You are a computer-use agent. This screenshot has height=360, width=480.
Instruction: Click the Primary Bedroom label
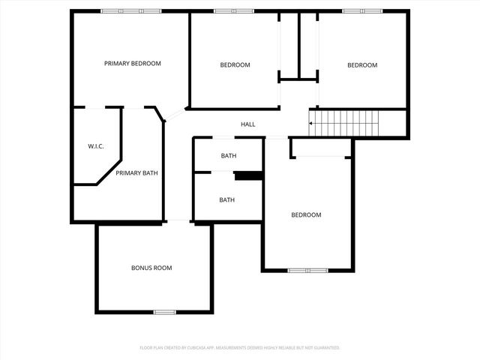[x=132, y=64]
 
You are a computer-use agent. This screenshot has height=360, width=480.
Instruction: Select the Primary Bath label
[x=136, y=173]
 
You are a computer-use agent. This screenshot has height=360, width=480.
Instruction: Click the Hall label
[x=247, y=124]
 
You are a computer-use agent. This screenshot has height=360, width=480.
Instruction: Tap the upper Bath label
[x=228, y=156]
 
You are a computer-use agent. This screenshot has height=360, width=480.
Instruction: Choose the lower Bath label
[x=226, y=200]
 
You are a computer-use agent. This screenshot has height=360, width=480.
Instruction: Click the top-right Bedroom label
[x=362, y=65]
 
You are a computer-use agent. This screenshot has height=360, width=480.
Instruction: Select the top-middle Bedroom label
[x=235, y=65]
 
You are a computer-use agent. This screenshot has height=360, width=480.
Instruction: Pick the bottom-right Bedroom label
[x=306, y=215]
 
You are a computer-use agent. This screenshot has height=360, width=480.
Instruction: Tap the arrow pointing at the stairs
[x=311, y=122]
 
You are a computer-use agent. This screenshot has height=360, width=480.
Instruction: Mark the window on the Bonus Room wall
[x=165, y=312]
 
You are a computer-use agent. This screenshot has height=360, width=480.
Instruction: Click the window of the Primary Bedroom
[x=131, y=11]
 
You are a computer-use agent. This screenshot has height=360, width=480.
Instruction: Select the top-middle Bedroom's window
[x=234, y=11]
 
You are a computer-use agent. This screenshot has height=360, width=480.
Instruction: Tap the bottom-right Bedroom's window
[x=307, y=270]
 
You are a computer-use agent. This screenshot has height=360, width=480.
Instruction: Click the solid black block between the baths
[x=247, y=176]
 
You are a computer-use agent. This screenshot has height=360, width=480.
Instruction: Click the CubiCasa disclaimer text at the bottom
[x=240, y=348]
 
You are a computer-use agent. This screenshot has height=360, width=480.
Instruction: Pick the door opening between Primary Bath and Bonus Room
[x=178, y=220]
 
